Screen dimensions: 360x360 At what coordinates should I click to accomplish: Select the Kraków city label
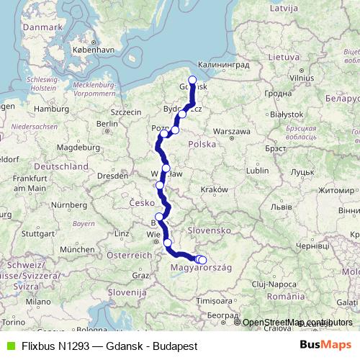click(x=215, y=189)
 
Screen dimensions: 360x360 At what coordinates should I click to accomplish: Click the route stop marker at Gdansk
click(x=192, y=81)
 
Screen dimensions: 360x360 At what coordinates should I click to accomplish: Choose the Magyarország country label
click(x=201, y=268)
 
